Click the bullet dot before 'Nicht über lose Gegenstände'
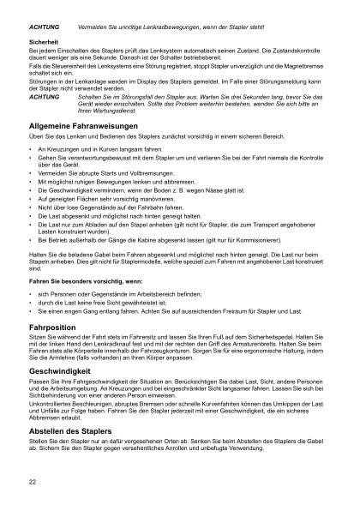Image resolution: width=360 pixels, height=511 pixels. (31, 207)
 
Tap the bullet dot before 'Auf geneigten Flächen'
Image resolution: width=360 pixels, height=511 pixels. (31, 199)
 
